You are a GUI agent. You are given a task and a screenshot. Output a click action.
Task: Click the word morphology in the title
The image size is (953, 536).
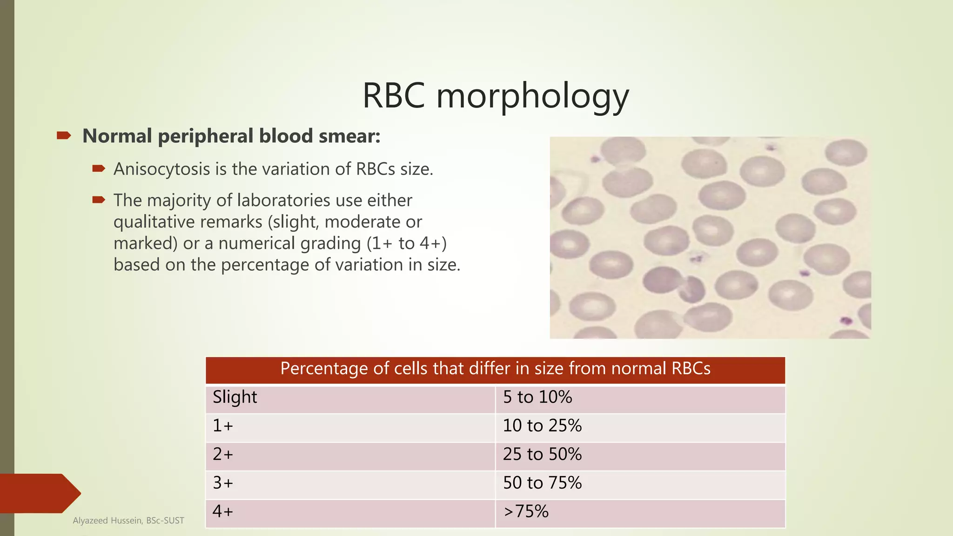(x=532, y=96)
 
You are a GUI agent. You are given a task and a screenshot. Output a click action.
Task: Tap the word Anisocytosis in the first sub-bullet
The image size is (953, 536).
(x=161, y=169)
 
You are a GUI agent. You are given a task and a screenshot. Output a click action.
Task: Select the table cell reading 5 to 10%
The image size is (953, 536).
(x=537, y=397)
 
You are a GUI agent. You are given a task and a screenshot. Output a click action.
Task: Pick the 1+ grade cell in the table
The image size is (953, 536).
(x=223, y=426)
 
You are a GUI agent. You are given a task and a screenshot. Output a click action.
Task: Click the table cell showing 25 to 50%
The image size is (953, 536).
(x=542, y=454)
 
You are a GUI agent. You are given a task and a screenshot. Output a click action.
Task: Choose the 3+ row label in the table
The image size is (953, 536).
(x=223, y=483)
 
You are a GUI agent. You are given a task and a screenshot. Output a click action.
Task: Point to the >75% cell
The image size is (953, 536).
(x=526, y=512)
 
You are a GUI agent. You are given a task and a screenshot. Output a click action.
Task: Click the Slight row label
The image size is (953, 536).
(x=235, y=397)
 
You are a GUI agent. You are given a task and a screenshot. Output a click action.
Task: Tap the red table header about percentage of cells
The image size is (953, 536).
(x=495, y=369)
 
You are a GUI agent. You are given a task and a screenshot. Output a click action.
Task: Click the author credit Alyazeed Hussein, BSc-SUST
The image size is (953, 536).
(x=128, y=521)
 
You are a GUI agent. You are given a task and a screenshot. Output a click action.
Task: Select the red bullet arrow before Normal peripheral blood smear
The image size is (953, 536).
(x=64, y=136)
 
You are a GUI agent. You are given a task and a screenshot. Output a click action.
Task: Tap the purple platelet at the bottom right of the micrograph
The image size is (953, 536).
(x=846, y=320)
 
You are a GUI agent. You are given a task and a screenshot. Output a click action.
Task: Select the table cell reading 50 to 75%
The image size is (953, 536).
(x=542, y=483)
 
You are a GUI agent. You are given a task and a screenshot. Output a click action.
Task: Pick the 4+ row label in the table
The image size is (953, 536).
(x=223, y=512)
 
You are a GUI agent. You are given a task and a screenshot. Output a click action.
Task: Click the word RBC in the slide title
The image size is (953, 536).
(x=394, y=96)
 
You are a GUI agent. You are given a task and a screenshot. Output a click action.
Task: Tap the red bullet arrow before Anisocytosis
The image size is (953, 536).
(x=99, y=169)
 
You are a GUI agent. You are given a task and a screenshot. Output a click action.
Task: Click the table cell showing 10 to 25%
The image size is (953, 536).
(x=542, y=426)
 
